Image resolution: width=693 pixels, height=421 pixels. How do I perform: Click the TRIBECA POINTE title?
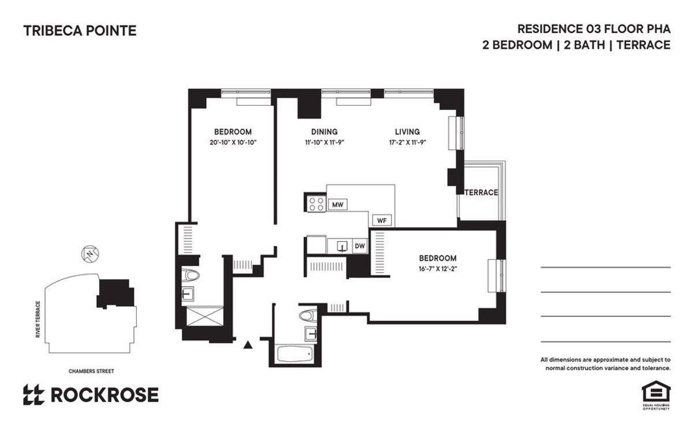click(80, 31)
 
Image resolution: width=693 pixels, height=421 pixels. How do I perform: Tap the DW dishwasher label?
click(360, 246)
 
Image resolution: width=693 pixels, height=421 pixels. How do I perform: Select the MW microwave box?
click(337, 204)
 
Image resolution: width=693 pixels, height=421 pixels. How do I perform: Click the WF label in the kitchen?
click(381, 220)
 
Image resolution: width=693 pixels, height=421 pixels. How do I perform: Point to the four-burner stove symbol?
click(316, 204)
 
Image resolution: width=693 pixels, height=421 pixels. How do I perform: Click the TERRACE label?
click(482, 193)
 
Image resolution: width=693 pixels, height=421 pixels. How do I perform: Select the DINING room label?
click(324, 132)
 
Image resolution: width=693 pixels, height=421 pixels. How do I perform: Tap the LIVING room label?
click(407, 132)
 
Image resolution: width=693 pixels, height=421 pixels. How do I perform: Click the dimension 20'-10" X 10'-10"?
click(233, 142)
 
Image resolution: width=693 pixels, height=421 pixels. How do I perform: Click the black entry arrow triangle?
click(248, 345)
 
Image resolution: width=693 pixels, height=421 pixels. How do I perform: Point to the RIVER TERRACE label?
click(38, 319)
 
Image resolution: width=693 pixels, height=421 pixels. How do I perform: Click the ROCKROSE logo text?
click(104, 394)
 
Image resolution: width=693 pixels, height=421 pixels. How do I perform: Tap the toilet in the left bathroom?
click(189, 275)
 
